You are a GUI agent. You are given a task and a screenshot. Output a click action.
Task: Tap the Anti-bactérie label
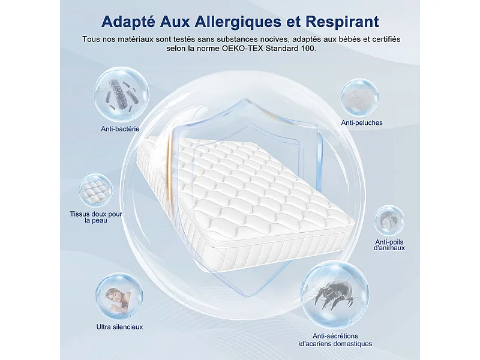(x=120, y=129)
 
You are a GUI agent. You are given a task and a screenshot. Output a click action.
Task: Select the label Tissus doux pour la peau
(x=96, y=217)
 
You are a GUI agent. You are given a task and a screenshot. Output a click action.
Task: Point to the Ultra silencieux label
(x=119, y=327)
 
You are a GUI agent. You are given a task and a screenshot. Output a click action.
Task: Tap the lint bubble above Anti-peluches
(x=360, y=97)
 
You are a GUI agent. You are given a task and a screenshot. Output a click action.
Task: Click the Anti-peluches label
(x=362, y=123)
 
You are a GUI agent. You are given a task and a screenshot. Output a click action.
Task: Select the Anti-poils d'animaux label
(x=389, y=244)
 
